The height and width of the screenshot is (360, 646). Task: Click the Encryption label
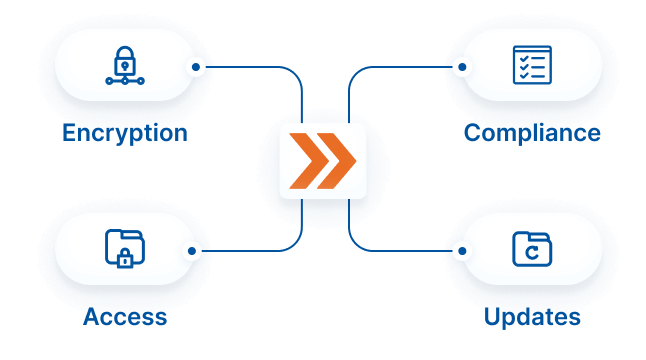click(125, 133)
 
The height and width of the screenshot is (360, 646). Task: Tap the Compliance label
click(532, 133)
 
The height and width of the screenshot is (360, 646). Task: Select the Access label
click(125, 318)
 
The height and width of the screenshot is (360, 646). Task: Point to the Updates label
click(532, 318)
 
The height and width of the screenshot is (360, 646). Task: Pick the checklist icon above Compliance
click(532, 65)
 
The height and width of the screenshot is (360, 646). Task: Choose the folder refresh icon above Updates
click(532, 249)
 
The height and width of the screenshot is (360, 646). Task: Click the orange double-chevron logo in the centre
click(323, 160)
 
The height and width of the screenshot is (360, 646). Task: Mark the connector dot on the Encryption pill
click(197, 68)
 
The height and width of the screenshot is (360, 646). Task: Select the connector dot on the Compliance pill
click(461, 68)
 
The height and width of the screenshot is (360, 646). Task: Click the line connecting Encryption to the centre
click(250, 68)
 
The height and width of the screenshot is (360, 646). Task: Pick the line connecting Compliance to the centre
click(400, 68)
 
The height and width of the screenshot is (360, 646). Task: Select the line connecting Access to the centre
click(250, 250)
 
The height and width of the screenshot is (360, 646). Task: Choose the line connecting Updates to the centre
click(400, 250)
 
